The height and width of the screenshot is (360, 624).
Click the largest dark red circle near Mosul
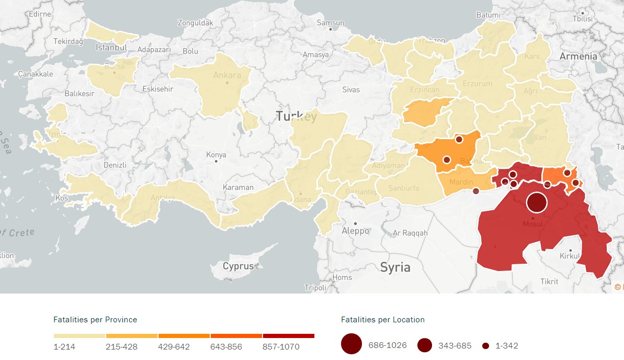[x=536, y=203]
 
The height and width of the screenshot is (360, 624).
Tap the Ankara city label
[x=227, y=75]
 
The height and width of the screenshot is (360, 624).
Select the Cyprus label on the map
[x=238, y=266]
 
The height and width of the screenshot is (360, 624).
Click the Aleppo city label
[x=355, y=231]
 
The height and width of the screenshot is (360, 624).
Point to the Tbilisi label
[x=582, y=18]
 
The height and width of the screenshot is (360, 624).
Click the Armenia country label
[x=578, y=56]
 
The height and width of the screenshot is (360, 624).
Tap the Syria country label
[x=395, y=267]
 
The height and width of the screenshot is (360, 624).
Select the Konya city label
[x=216, y=155]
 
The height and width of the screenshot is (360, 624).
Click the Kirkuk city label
[x=570, y=256]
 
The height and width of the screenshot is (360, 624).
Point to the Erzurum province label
[x=477, y=84]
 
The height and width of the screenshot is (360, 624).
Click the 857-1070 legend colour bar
[x=289, y=336]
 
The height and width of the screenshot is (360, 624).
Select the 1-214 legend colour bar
[x=80, y=336]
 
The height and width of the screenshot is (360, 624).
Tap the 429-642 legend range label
[x=174, y=346]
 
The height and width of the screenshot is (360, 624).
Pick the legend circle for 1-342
[x=485, y=346]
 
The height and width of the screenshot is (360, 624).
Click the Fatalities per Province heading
[x=95, y=319]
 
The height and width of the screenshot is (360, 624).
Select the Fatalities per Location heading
[x=382, y=319]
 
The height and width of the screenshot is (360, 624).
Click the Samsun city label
[x=331, y=22]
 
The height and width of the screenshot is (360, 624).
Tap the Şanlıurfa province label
[x=404, y=188]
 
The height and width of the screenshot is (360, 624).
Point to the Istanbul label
[x=111, y=48]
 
